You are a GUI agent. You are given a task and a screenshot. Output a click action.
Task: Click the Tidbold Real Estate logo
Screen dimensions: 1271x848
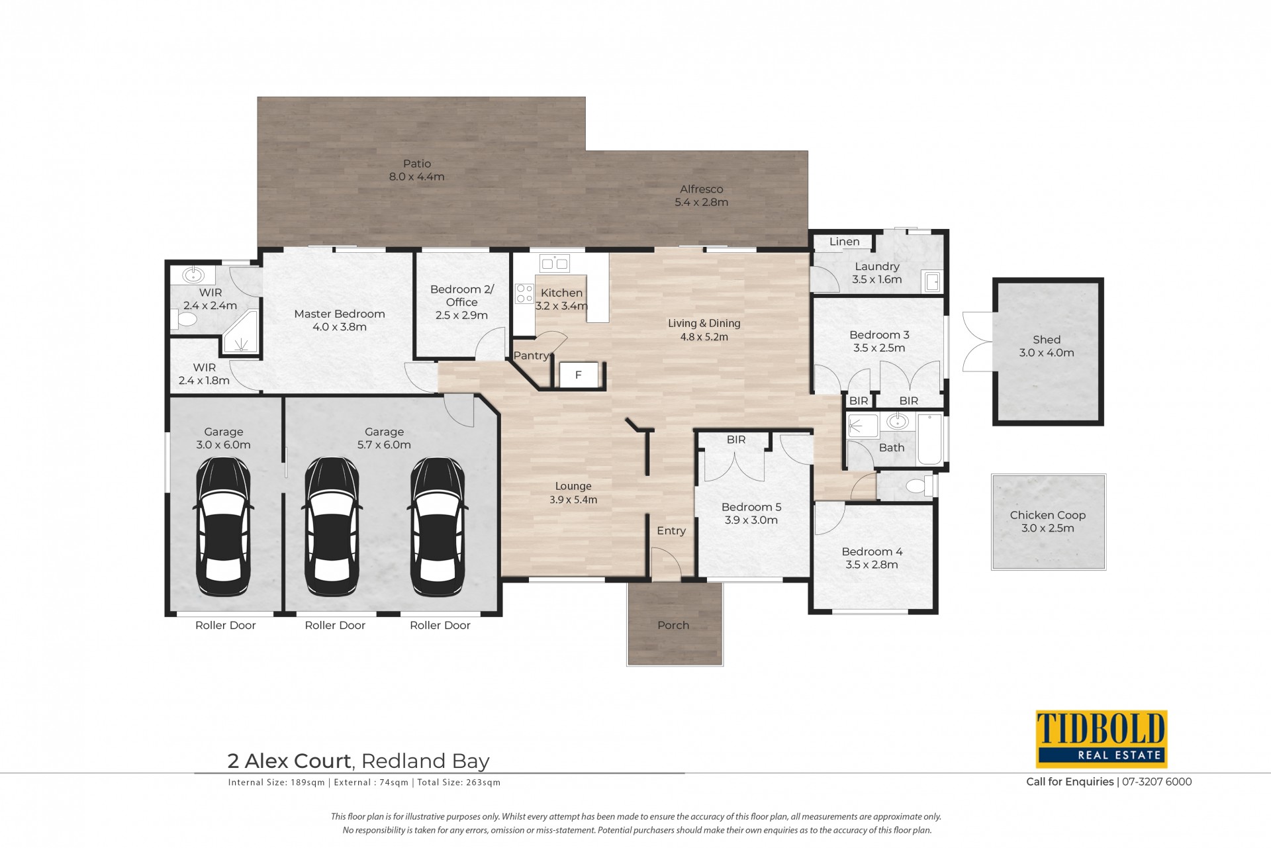click(1102, 739)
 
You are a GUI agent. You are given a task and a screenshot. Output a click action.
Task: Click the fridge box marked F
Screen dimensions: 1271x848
click(579, 375)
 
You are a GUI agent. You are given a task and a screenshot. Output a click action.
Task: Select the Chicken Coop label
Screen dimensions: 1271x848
click(1048, 515)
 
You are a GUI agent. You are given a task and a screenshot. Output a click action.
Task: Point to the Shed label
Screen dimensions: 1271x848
click(1047, 340)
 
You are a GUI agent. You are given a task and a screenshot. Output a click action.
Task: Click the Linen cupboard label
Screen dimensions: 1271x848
click(845, 242)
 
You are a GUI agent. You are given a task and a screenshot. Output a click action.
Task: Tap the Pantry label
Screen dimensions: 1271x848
click(531, 355)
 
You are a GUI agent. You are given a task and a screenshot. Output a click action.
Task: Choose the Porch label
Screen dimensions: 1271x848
click(673, 625)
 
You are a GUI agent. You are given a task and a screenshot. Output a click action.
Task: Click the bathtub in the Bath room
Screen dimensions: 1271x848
click(930, 439)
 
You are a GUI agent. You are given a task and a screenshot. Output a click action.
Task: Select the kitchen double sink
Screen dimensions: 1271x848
click(554, 264)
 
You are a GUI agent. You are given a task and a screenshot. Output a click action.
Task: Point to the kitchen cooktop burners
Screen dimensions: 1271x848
click(525, 293)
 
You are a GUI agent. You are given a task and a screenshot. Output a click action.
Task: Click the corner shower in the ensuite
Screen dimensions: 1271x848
click(240, 334)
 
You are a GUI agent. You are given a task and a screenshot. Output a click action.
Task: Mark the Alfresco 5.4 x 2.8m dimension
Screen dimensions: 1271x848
click(702, 203)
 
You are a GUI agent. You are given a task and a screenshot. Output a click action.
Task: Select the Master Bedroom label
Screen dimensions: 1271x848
click(340, 314)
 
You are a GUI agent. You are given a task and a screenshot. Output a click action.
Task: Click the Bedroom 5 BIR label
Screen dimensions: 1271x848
click(736, 440)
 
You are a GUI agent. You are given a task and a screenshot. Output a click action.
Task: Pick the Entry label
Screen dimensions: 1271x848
click(671, 531)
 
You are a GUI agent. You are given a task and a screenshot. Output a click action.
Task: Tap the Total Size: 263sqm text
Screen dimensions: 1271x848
click(459, 782)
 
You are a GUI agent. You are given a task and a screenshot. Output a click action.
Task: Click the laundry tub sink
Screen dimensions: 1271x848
click(932, 281)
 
